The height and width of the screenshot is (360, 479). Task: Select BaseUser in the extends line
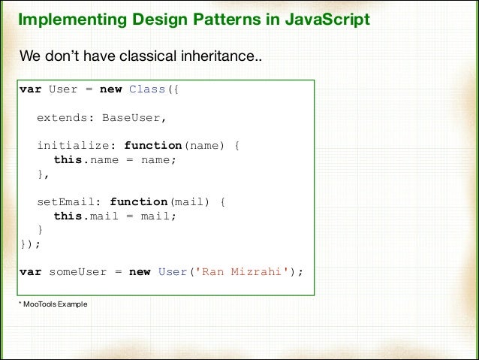coord(133,118)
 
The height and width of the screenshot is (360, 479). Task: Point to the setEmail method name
coord(69,202)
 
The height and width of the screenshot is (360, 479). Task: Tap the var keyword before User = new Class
coord(30,89)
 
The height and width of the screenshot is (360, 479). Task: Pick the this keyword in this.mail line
coord(68,216)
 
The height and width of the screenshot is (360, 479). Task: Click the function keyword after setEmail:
coord(138,202)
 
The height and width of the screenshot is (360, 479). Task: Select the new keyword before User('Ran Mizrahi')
coord(140,272)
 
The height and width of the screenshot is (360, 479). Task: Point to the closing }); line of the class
coord(30,244)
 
